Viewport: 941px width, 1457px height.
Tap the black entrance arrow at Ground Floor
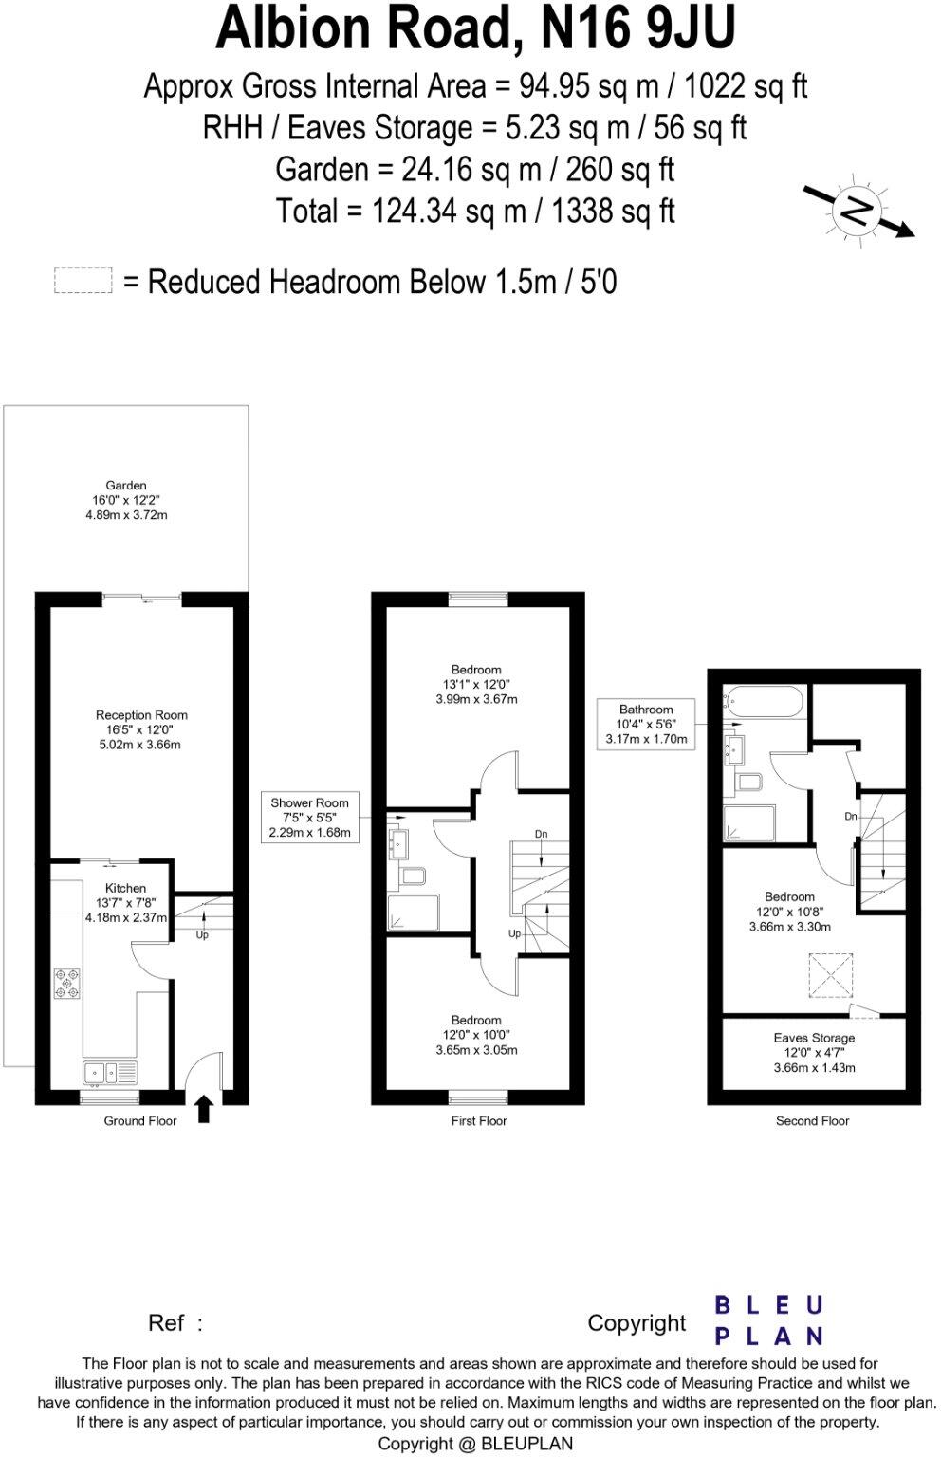click(x=203, y=1108)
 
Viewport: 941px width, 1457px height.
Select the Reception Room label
click(x=141, y=715)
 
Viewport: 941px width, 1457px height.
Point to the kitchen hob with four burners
click(x=67, y=982)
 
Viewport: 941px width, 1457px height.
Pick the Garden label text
click(x=126, y=486)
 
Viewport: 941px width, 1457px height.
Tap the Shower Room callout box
click(x=310, y=818)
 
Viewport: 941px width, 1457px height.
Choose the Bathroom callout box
click(x=646, y=724)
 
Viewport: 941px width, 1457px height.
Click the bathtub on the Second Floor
click(x=764, y=703)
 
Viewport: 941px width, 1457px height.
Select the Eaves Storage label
click(x=814, y=1038)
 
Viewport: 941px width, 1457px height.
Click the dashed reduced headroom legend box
click(x=83, y=282)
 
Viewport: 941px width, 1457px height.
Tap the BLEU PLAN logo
click(x=767, y=1320)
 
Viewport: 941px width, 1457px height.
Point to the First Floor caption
click(x=479, y=1121)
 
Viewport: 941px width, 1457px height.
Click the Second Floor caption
click(x=812, y=1121)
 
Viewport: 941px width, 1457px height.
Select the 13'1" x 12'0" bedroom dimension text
click(x=476, y=685)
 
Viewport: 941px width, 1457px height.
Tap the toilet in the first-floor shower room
click(x=413, y=876)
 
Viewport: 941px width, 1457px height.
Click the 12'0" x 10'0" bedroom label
click(x=476, y=1036)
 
